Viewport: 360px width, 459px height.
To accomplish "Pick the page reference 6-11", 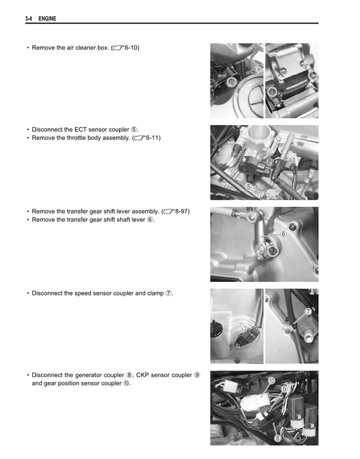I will [x=151, y=138].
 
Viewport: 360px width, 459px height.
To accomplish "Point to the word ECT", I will [x=92, y=128].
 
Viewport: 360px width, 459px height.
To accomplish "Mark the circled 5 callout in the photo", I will [x=249, y=186].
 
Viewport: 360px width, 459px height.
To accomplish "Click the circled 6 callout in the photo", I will [x=283, y=234].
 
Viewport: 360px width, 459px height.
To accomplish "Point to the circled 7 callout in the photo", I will [x=307, y=312].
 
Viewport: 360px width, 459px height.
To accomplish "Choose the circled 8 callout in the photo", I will [x=278, y=438].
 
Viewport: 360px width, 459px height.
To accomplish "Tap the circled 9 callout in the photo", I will [x=284, y=389].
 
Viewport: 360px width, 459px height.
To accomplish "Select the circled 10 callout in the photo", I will [x=272, y=381].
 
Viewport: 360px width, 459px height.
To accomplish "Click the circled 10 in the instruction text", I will [x=126, y=383].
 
